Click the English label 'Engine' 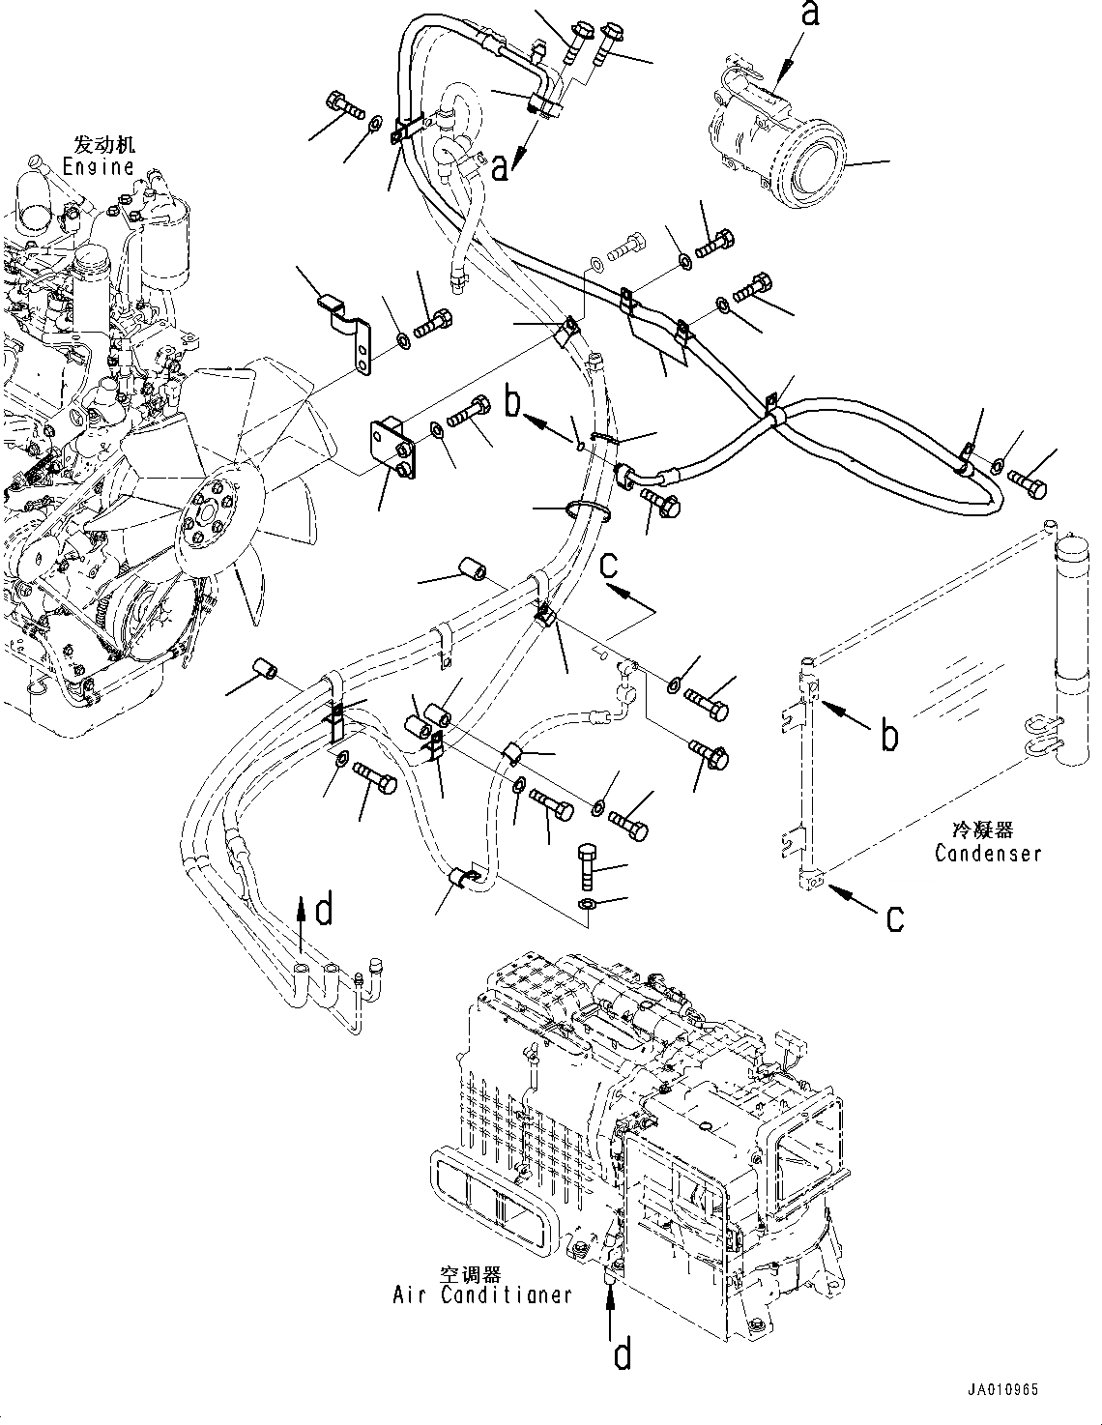tap(98, 166)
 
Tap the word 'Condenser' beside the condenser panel tap(987, 854)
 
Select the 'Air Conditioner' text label tap(481, 1294)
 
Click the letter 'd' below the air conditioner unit tap(622, 1355)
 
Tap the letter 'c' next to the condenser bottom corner tap(895, 917)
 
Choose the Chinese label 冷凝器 tap(982, 830)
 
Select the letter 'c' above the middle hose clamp tap(609, 566)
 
